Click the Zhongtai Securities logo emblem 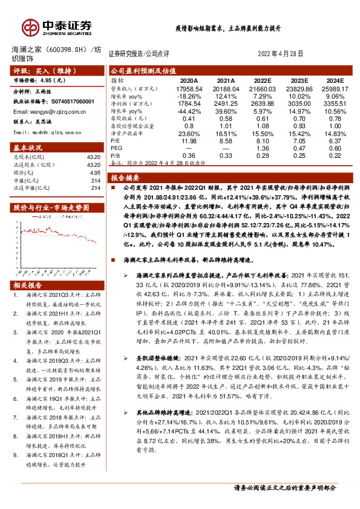(30, 27)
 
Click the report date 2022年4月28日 (284, 53)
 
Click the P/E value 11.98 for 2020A (189, 140)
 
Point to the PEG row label (116, 148)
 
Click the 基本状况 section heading (28, 148)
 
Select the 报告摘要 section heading (125, 178)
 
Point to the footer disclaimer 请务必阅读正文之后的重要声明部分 (284, 503)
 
